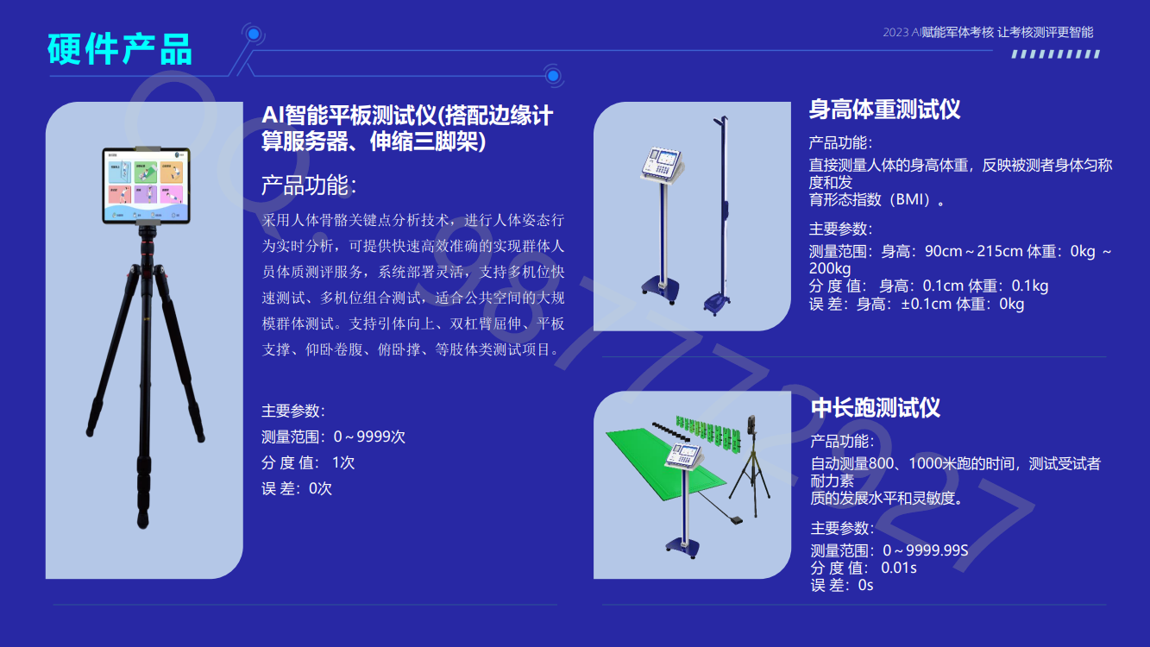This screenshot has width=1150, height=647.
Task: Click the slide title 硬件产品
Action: tap(120, 49)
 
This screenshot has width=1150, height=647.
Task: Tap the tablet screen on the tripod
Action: tap(147, 185)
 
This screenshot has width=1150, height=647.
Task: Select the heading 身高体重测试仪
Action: tap(884, 110)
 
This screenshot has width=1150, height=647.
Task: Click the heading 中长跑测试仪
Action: tap(876, 408)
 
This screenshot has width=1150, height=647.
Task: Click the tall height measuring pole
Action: tap(721, 216)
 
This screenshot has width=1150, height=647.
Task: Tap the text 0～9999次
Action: tap(369, 437)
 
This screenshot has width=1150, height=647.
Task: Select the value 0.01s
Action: tap(898, 568)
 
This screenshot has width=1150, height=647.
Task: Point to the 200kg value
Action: tap(830, 268)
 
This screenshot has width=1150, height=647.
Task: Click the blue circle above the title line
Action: tap(254, 35)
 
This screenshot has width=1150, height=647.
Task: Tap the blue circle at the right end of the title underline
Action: tap(553, 76)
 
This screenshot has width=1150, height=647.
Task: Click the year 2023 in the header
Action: tap(895, 33)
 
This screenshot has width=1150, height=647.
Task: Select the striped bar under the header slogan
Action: tap(1056, 54)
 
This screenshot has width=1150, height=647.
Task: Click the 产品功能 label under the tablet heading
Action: tap(309, 185)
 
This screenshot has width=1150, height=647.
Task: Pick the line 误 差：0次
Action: tap(297, 488)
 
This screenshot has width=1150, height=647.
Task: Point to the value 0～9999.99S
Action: tap(925, 550)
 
